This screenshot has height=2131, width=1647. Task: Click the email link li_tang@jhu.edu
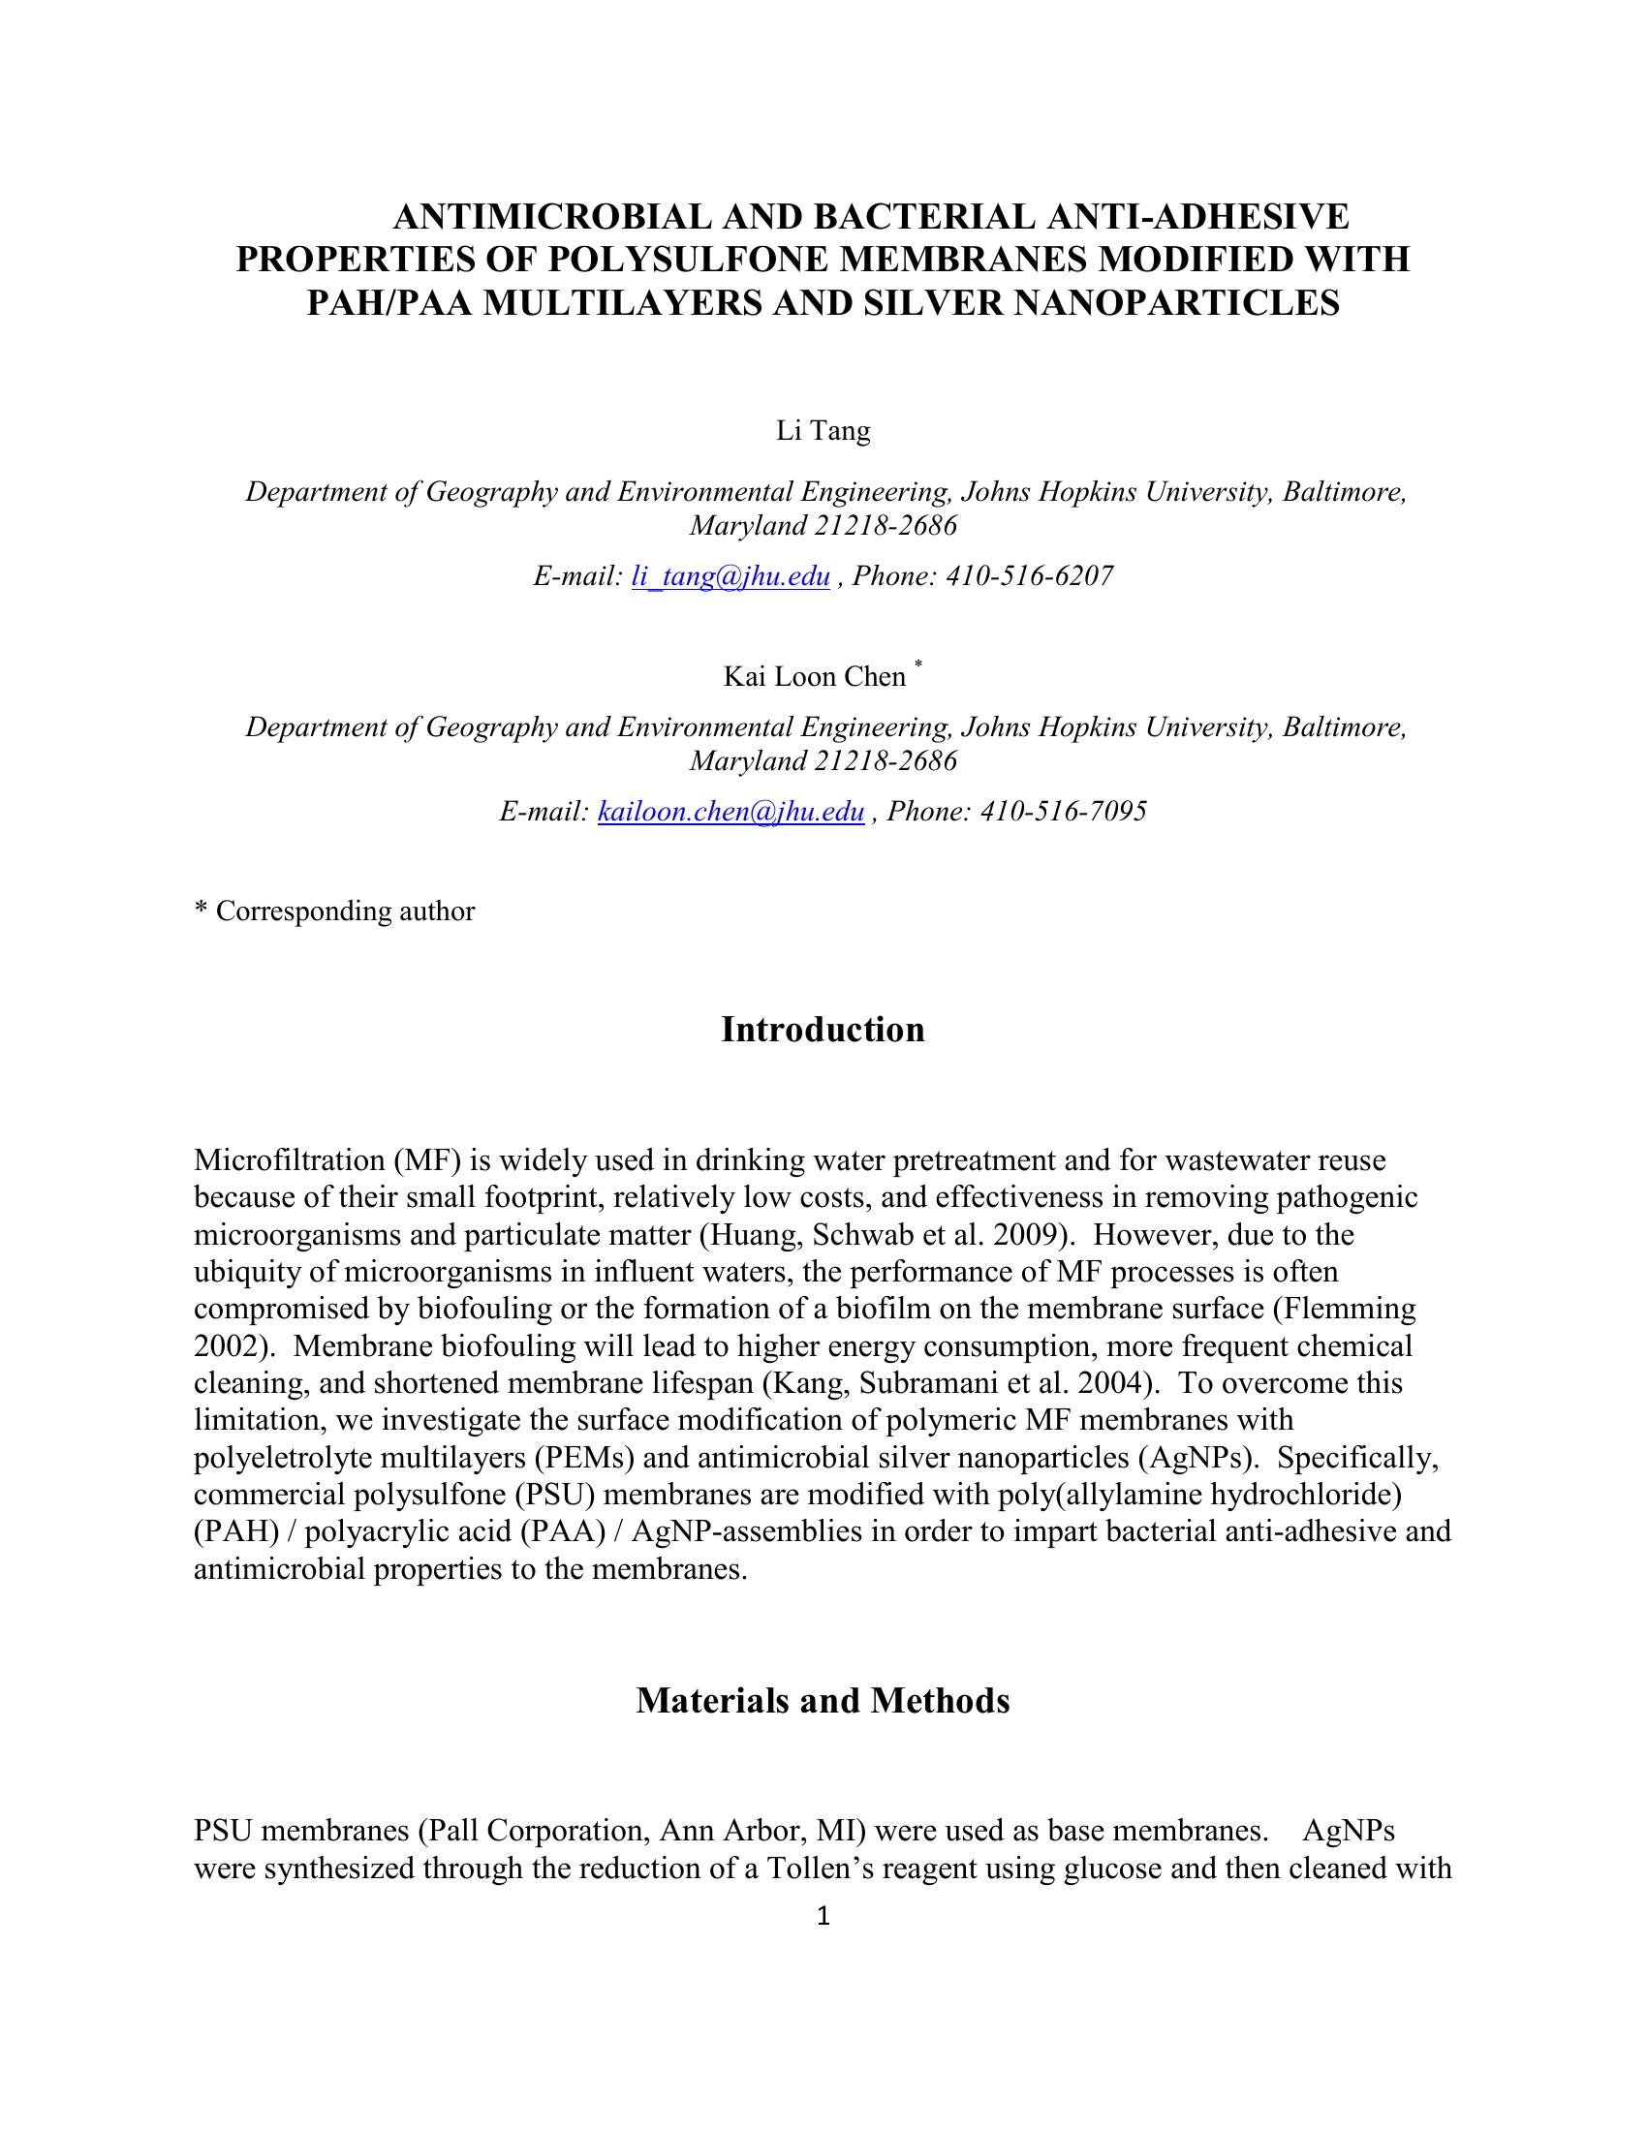point(730,576)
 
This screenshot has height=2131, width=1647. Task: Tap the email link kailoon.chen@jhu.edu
point(730,812)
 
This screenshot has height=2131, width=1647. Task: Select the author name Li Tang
point(823,430)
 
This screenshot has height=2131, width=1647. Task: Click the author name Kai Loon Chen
point(814,677)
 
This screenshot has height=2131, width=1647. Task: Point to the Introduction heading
point(823,1031)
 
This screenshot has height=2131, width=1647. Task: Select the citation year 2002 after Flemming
point(229,1346)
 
